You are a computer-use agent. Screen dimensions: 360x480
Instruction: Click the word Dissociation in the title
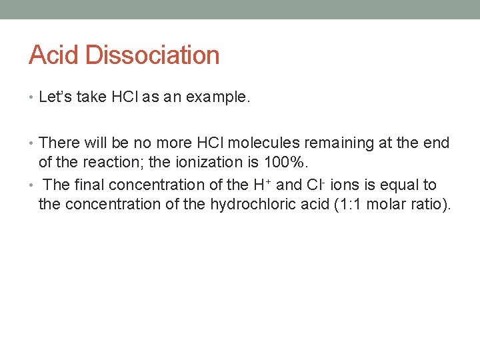click(153, 55)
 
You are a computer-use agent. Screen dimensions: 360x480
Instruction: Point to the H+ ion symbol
click(263, 184)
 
